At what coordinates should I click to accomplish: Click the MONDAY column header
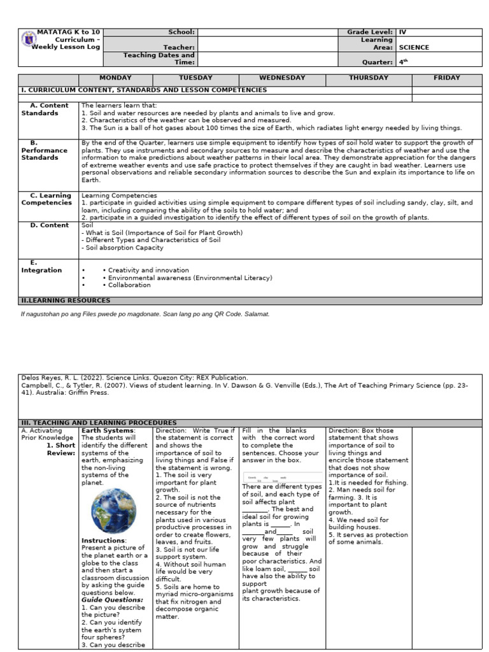tap(115, 78)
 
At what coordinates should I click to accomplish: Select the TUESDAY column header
tap(195, 78)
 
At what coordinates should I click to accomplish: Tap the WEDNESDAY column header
tap(282, 78)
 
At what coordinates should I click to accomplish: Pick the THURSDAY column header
tap(369, 78)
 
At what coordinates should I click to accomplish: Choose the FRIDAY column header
tap(446, 78)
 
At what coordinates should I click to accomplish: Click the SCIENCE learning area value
tap(414, 47)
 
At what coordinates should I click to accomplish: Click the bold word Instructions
tap(104, 541)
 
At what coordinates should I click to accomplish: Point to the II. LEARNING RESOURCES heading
tap(66, 300)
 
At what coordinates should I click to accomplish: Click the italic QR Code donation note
tap(146, 314)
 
